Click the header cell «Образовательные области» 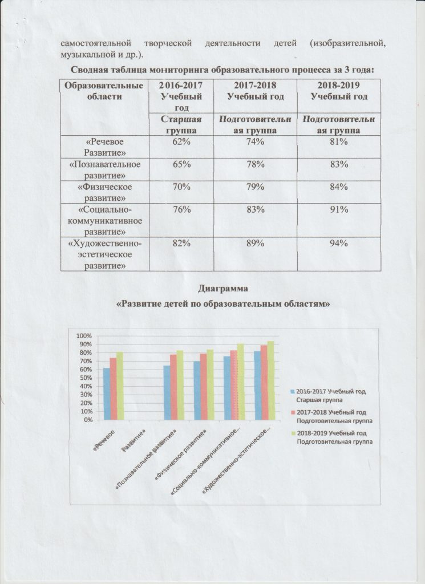coord(104,90)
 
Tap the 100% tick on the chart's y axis coord(84,335)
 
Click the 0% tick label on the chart coord(87,420)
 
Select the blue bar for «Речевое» coord(106,394)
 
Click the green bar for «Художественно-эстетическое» coord(271,380)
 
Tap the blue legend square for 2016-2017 coord(293,392)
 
